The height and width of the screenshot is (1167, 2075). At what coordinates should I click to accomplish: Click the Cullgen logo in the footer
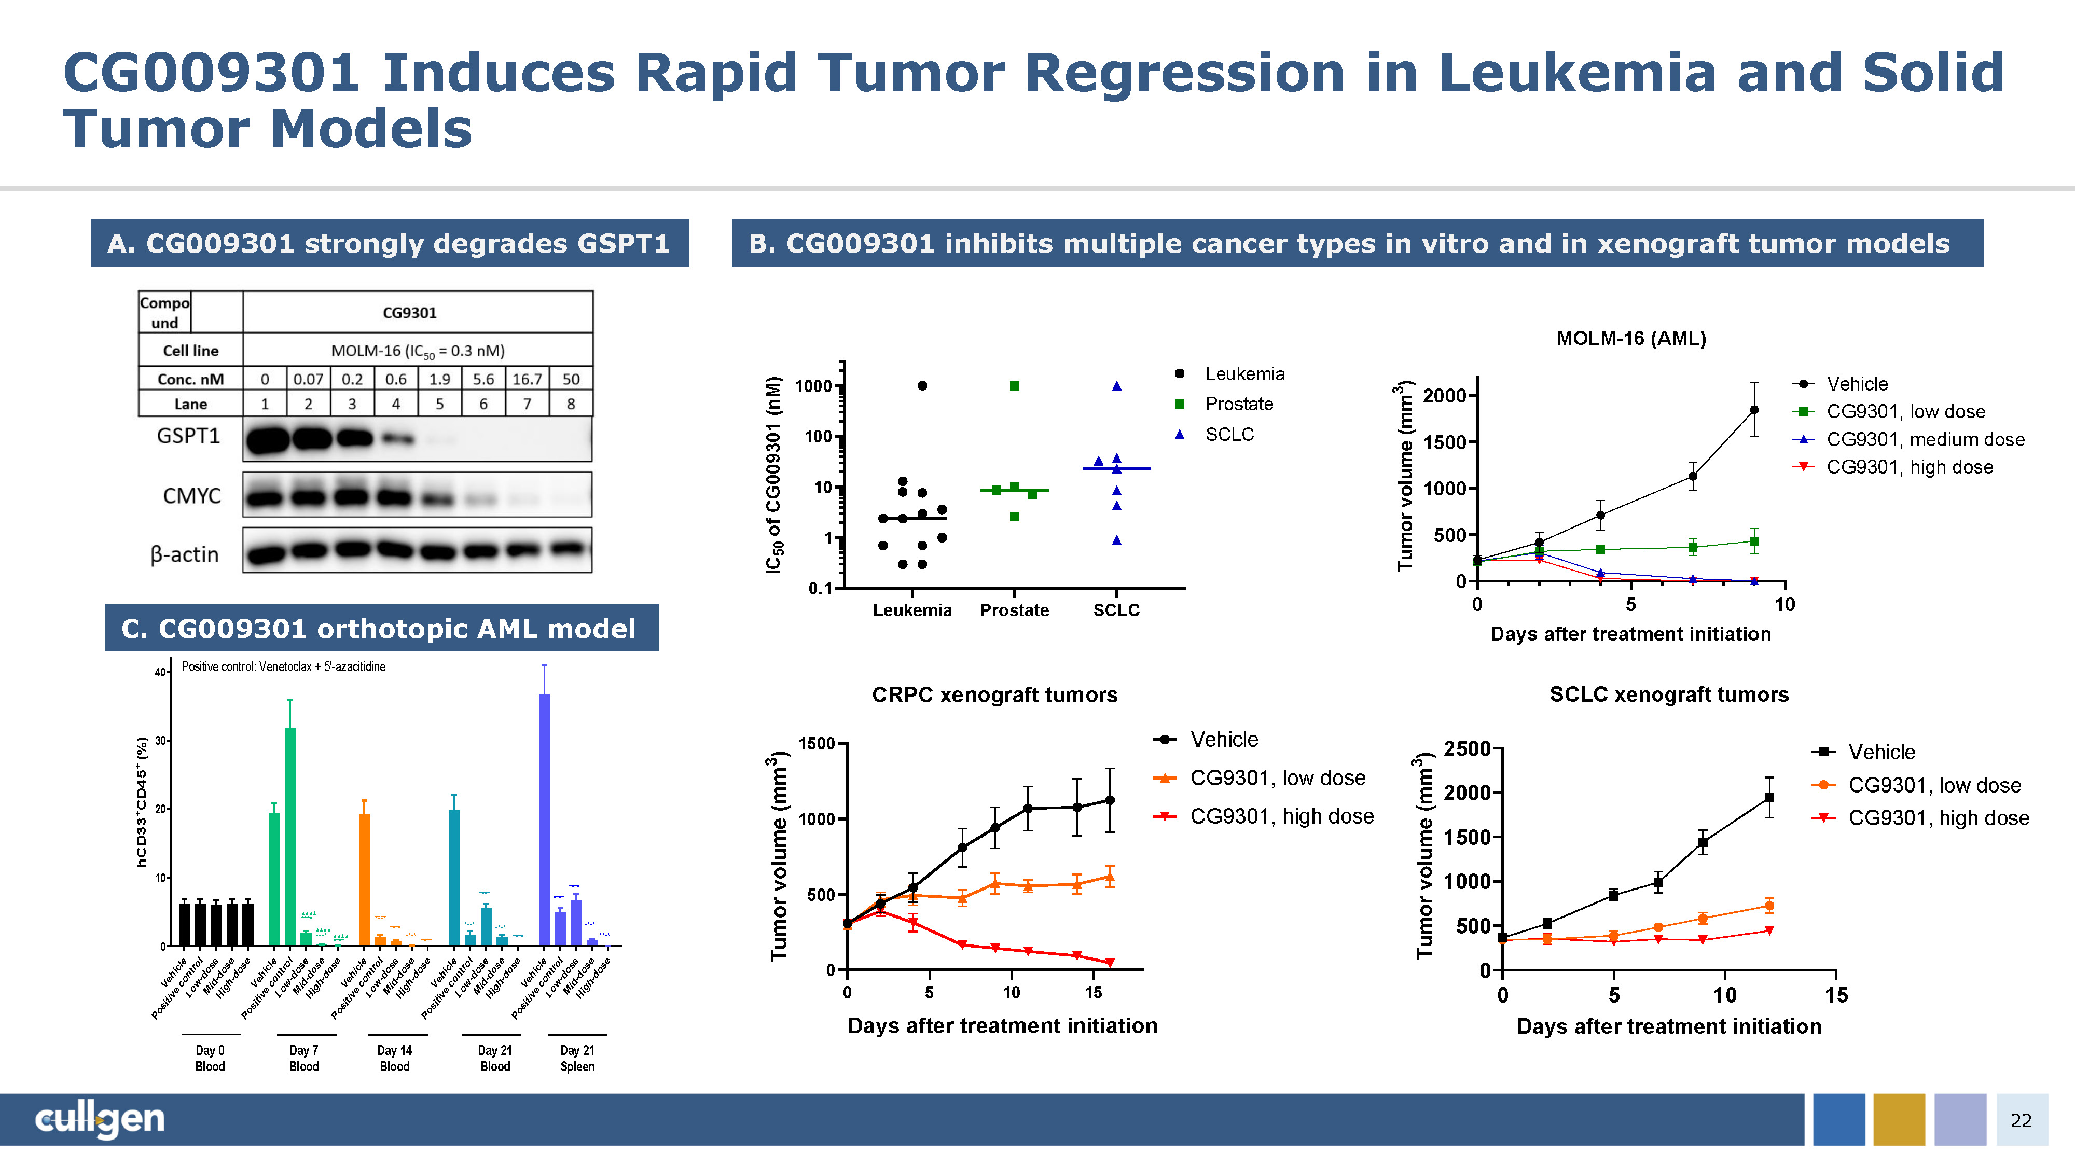pyautogui.click(x=100, y=1119)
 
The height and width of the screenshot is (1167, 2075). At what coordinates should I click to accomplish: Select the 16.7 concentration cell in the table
pyautogui.click(x=527, y=379)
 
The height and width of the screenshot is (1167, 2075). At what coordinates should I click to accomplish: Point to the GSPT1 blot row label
pyautogui.click(x=188, y=436)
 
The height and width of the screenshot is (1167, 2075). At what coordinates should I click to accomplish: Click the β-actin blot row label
pyautogui.click(x=185, y=554)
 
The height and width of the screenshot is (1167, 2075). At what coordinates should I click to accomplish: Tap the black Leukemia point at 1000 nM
pyautogui.click(x=922, y=386)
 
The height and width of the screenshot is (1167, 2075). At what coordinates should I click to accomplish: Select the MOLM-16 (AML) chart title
pyautogui.click(x=1630, y=338)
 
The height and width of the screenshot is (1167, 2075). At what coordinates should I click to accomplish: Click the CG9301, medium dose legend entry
pyautogui.click(x=1925, y=439)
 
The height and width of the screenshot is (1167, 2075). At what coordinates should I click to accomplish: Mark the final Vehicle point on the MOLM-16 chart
pyautogui.click(x=1753, y=410)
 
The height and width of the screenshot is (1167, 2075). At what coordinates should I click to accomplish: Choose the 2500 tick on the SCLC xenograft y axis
pyautogui.click(x=1466, y=749)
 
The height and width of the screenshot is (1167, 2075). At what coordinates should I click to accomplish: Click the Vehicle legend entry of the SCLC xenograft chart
pyautogui.click(x=1881, y=752)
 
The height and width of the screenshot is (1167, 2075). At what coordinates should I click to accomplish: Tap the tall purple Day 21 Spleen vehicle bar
pyautogui.click(x=545, y=817)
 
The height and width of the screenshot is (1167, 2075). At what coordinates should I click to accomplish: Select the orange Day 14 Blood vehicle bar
pyautogui.click(x=364, y=878)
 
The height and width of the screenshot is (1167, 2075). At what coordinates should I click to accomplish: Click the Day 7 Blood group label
pyautogui.click(x=303, y=1058)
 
